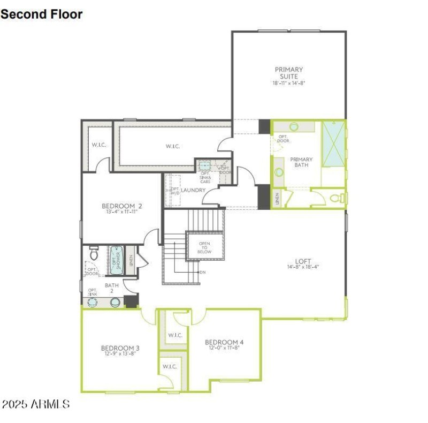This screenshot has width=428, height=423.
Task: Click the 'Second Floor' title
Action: [x=42, y=14]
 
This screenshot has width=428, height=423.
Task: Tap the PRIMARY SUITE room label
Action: [x=289, y=73]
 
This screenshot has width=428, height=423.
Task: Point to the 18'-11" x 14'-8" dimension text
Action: [x=289, y=84]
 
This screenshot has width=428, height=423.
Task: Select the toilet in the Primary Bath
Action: [x=336, y=198]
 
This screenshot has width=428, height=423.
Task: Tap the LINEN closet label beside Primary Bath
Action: [x=277, y=199]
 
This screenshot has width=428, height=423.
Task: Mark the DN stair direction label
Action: [x=202, y=273]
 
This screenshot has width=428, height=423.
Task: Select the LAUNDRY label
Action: [x=193, y=190]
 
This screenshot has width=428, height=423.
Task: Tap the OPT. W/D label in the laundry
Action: [x=174, y=191]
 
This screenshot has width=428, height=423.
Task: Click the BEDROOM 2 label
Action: [x=122, y=206]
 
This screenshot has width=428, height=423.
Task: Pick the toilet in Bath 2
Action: [x=94, y=253]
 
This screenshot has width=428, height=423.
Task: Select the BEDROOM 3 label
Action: [x=120, y=348]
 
